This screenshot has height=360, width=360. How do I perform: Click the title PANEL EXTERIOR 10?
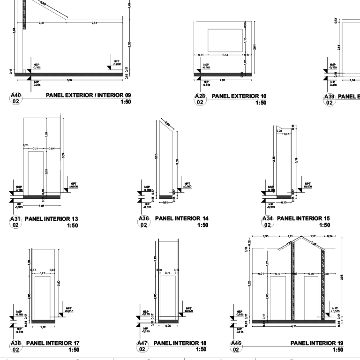[239, 96]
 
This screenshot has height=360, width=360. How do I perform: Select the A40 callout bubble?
[15, 98]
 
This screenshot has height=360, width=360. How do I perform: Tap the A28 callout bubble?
[200, 99]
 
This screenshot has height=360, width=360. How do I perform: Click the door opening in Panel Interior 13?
[36, 172]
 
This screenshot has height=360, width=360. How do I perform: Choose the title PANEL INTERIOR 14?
[178, 219]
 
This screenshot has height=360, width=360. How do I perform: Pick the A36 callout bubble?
[143, 222]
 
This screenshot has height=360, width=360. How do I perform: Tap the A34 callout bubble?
[267, 222]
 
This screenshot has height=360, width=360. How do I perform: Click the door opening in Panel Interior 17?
[42, 297]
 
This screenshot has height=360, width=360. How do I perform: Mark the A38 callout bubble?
[15, 346]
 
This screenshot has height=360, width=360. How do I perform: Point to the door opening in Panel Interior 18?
[167, 297]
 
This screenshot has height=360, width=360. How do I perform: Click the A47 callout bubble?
[142, 346]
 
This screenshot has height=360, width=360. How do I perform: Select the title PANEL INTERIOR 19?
[316, 343]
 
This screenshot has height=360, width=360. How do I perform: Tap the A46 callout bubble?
[237, 346]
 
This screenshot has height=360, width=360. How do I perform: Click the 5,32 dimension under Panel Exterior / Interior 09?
[69, 80]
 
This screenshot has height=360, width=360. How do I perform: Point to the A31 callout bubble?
[15, 222]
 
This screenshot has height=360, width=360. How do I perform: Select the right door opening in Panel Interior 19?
[311, 297]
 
